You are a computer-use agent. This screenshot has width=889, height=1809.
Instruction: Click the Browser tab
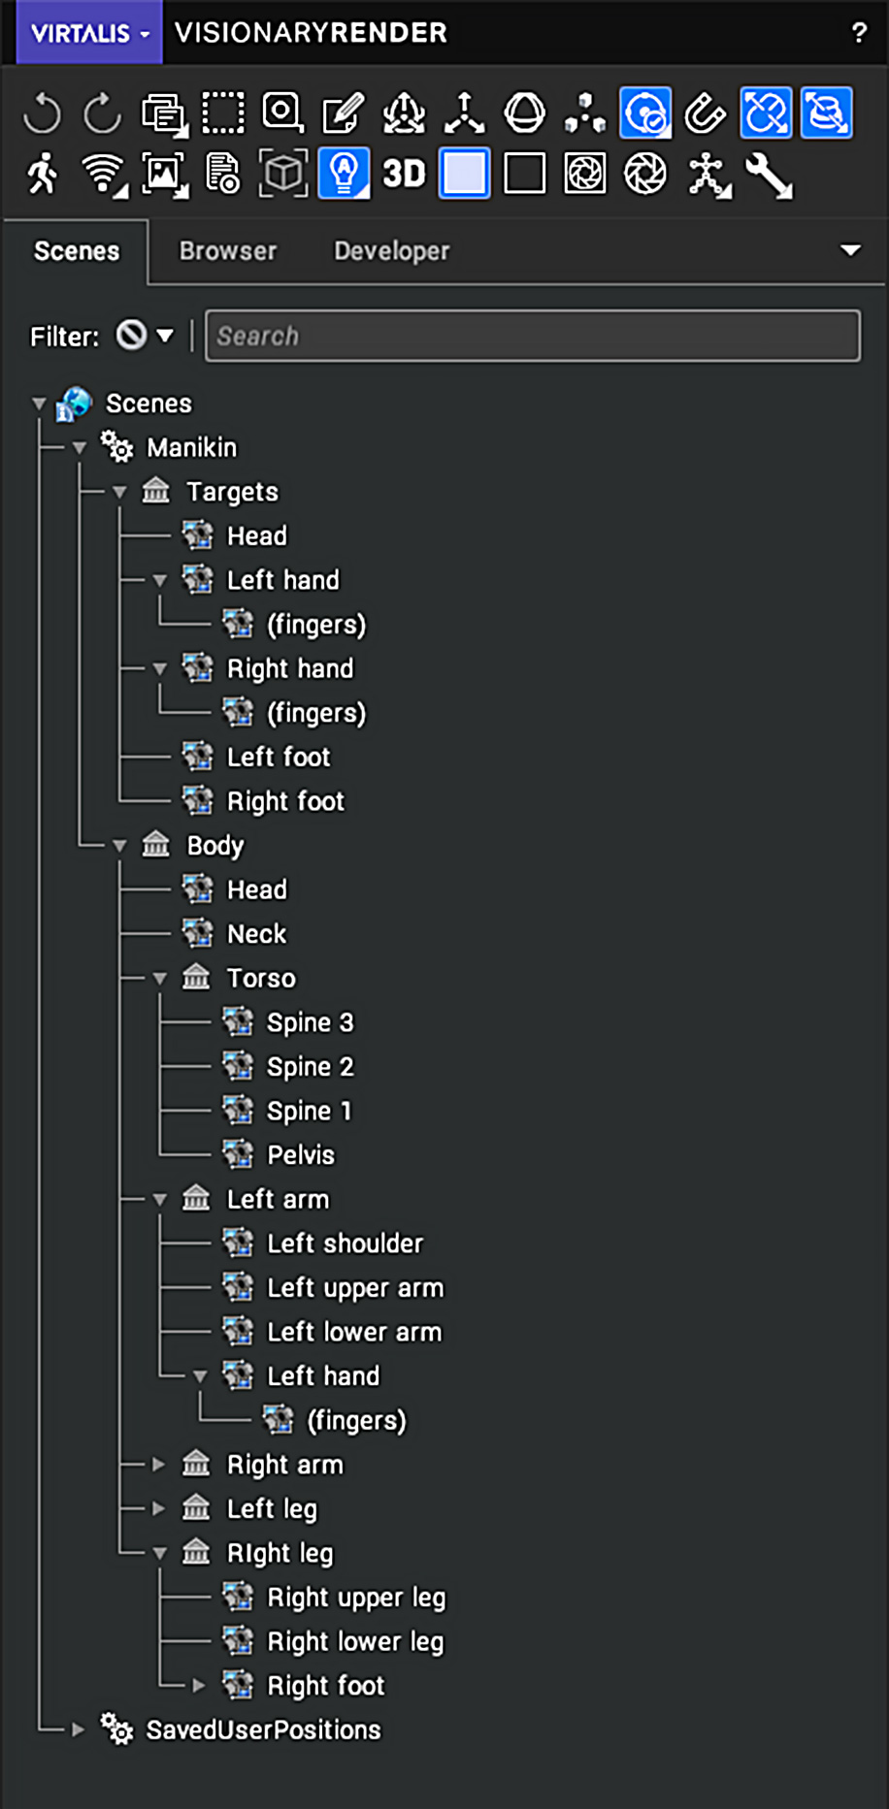[x=228, y=251]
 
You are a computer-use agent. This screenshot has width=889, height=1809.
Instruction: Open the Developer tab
[x=391, y=251]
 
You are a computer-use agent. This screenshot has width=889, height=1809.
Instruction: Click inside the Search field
[x=532, y=336]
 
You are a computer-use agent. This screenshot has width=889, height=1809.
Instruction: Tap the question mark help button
[x=859, y=33]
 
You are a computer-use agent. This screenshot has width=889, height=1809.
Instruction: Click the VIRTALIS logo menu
[x=89, y=33]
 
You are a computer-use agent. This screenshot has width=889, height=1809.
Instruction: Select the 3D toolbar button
[x=404, y=174]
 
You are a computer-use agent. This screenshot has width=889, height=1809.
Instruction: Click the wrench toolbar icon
[x=769, y=176]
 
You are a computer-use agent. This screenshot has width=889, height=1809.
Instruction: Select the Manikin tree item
[x=191, y=447]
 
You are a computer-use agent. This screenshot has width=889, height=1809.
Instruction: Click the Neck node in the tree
[x=256, y=934]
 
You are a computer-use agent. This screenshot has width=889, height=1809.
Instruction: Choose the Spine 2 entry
[x=310, y=1067]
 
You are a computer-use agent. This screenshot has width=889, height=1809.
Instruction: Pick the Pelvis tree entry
[x=301, y=1155]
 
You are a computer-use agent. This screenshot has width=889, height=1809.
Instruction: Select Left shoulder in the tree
[x=345, y=1244]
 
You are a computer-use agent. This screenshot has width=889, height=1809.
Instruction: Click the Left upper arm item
[x=355, y=1288]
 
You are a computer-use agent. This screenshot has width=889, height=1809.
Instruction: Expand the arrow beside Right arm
[x=159, y=1465]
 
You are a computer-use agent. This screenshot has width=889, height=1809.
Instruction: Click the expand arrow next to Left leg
[x=159, y=1508]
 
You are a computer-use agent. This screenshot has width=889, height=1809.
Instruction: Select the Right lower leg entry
[x=355, y=1641]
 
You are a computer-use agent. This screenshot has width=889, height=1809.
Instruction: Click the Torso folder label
[x=261, y=978]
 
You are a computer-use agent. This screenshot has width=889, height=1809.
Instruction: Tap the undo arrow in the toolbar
[x=42, y=113]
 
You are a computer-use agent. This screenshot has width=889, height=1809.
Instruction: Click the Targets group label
[x=232, y=492]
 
